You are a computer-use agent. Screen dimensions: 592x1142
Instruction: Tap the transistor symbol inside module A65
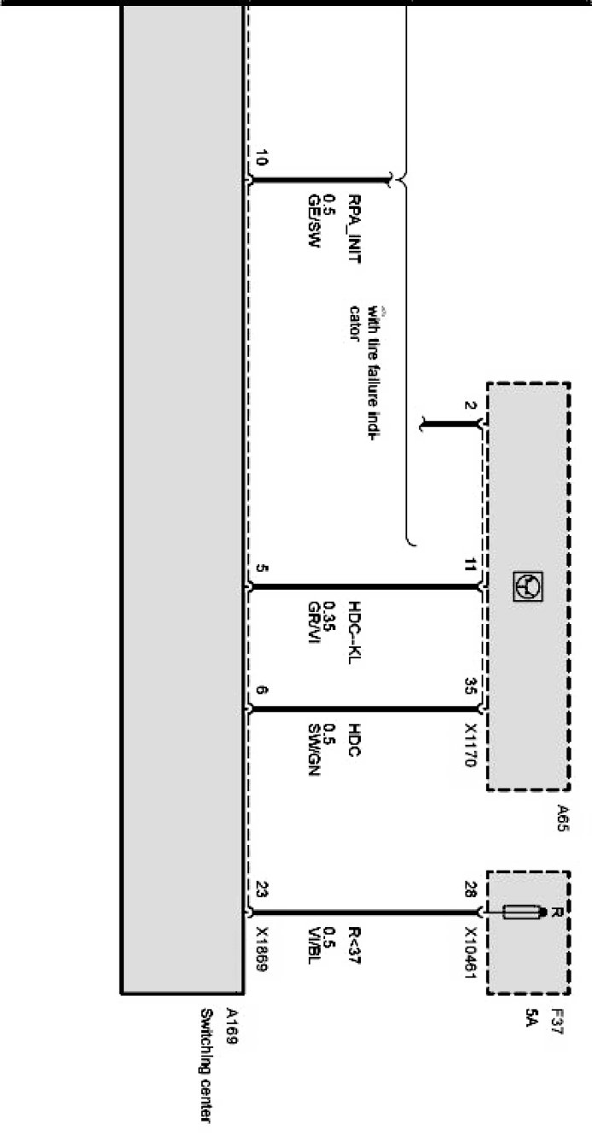(x=526, y=586)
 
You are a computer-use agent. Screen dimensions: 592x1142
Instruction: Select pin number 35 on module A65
(x=470, y=685)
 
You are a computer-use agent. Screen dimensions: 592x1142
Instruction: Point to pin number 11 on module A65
(x=470, y=564)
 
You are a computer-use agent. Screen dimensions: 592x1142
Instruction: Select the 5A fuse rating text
(x=532, y=1017)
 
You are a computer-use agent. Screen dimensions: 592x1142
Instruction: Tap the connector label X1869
(x=262, y=953)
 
